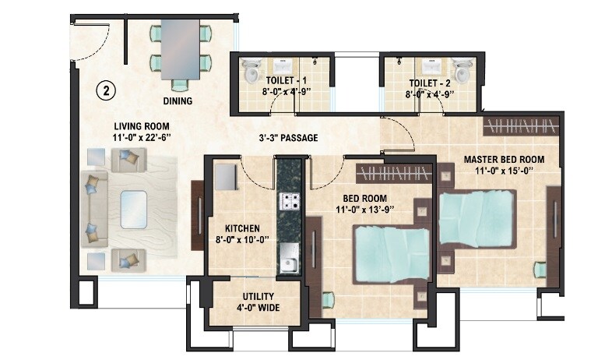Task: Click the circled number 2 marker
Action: click(107, 90)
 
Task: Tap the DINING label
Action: click(178, 101)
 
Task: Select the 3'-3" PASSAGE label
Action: click(288, 138)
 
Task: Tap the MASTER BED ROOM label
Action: click(504, 160)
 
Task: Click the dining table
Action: click(180, 51)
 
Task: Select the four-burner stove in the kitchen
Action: click(290, 202)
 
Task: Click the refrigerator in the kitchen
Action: click(226, 177)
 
